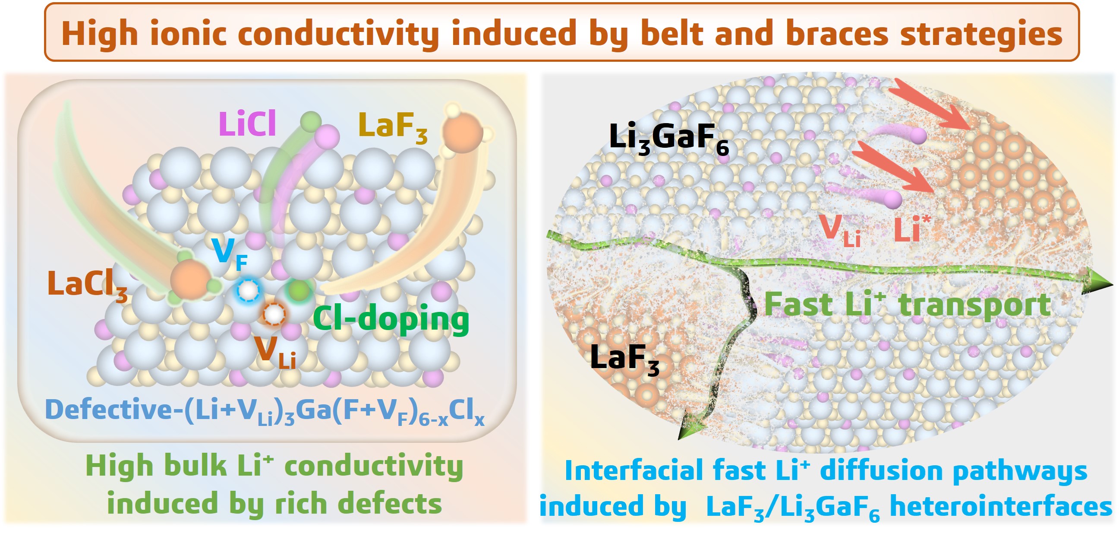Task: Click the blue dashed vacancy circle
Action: pyautogui.click(x=248, y=290)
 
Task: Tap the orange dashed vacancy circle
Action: pyautogui.click(x=274, y=314)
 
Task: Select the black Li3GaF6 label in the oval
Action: pyautogui.click(x=668, y=138)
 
